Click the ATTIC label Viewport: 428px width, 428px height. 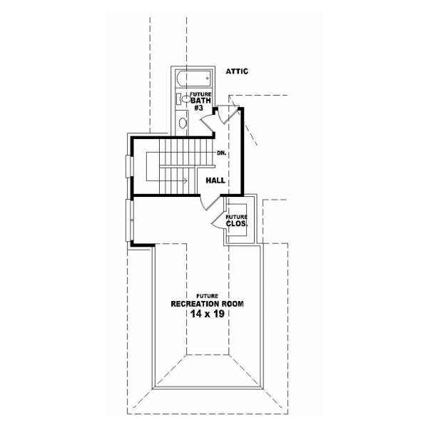point(237,71)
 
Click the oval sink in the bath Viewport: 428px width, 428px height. point(182,123)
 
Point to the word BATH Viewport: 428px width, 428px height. point(200,101)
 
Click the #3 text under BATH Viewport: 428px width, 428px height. point(199,108)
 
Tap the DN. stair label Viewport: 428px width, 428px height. point(222,153)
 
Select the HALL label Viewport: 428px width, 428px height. point(215,180)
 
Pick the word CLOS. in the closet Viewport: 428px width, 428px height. point(237,224)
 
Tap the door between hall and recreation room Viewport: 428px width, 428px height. point(208,203)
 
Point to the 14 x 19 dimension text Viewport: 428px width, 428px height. point(208,314)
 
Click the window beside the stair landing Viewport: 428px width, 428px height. point(129,165)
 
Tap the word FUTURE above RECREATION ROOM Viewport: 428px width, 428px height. point(208,295)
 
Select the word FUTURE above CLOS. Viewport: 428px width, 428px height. point(237,217)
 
